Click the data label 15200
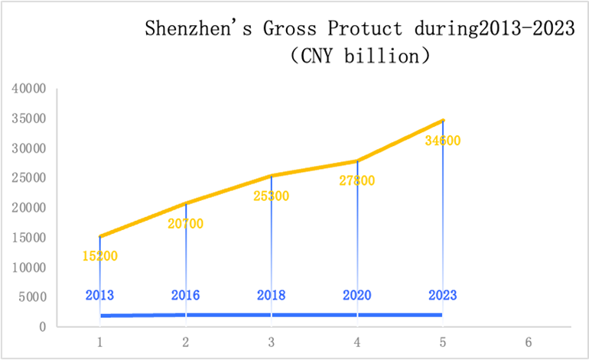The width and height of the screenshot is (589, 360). click(100, 256)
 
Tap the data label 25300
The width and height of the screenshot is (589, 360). click(271, 196)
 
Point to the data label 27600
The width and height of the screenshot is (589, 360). click(356, 180)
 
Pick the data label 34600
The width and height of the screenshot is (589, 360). click(442, 141)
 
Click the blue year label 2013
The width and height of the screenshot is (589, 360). click(100, 295)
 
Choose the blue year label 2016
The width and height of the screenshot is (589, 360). click(186, 295)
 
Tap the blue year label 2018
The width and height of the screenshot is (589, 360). click(271, 295)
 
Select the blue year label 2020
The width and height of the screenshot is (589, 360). click(356, 295)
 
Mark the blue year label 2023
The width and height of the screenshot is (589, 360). click(442, 295)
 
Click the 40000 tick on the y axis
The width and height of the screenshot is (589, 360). click(30, 89)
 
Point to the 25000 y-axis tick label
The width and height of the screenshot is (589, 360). click(30, 178)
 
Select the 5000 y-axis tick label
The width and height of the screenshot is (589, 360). click(33, 297)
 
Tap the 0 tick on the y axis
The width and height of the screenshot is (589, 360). click(44, 327)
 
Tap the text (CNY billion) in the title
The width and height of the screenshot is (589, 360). click(359, 57)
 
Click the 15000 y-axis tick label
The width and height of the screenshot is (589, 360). click(30, 238)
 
